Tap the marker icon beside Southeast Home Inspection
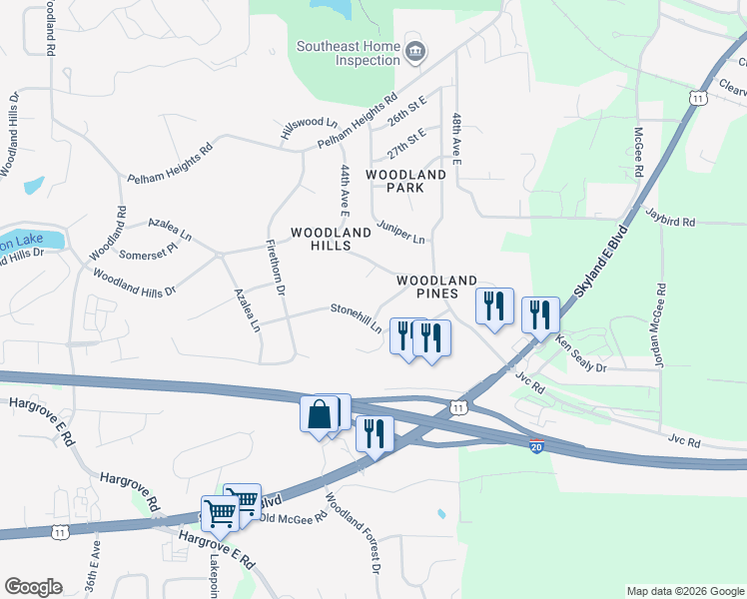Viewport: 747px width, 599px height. coord(414,50)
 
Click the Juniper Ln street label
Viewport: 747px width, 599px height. coord(400,232)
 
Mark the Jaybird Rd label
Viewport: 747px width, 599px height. coord(668,214)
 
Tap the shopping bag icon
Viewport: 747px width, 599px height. coord(318,413)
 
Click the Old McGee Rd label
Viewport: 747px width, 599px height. coord(293,517)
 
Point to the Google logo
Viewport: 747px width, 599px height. coord(34,586)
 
